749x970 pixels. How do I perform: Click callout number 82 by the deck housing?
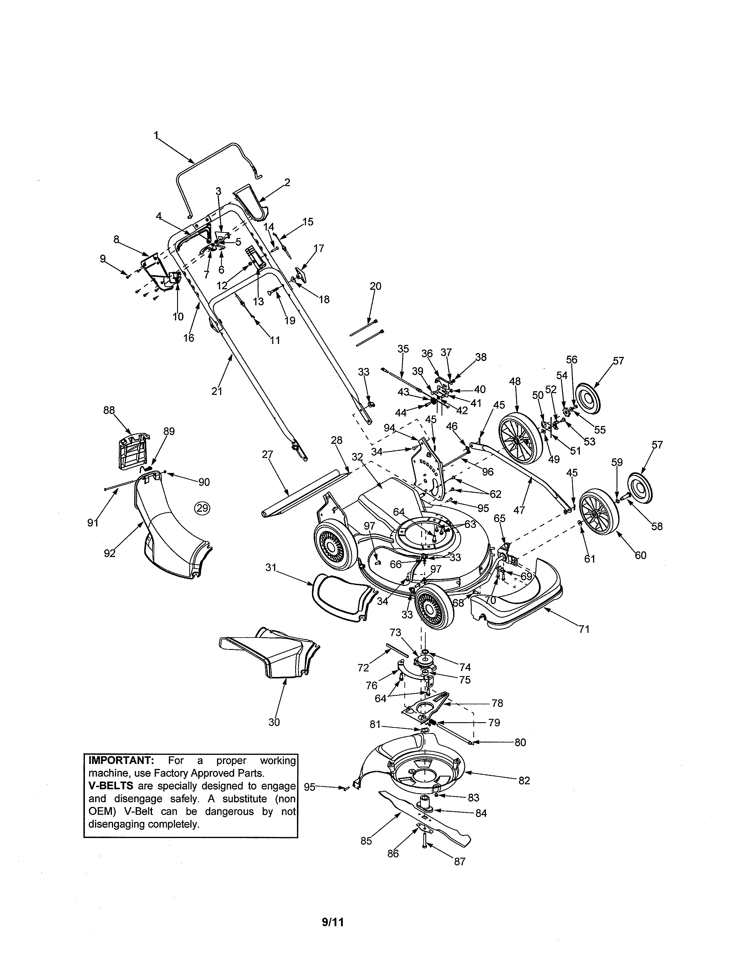coord(524,780)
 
